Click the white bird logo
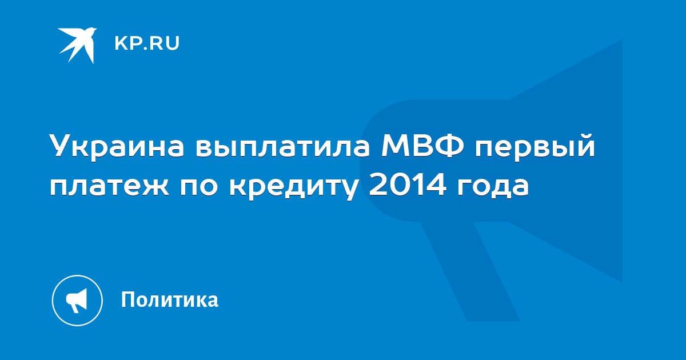77,45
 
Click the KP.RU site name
147,43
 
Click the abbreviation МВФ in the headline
422,145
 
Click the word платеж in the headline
109,186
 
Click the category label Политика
170,299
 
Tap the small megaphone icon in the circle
77,301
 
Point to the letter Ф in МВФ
448,145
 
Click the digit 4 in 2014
435,185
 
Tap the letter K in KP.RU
121,43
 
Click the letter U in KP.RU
173,43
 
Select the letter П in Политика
127,299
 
